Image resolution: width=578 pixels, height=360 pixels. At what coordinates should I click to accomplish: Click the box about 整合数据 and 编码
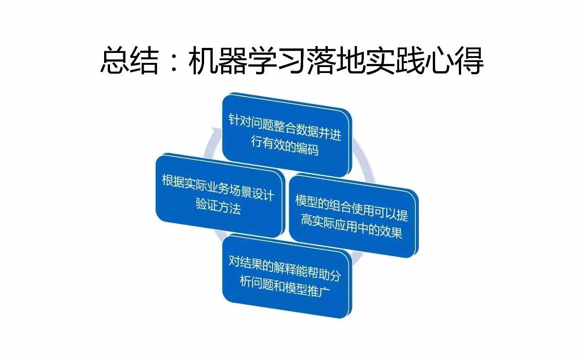coord(285,135)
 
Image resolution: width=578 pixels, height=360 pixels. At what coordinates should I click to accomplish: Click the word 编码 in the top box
coord(307,149)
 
